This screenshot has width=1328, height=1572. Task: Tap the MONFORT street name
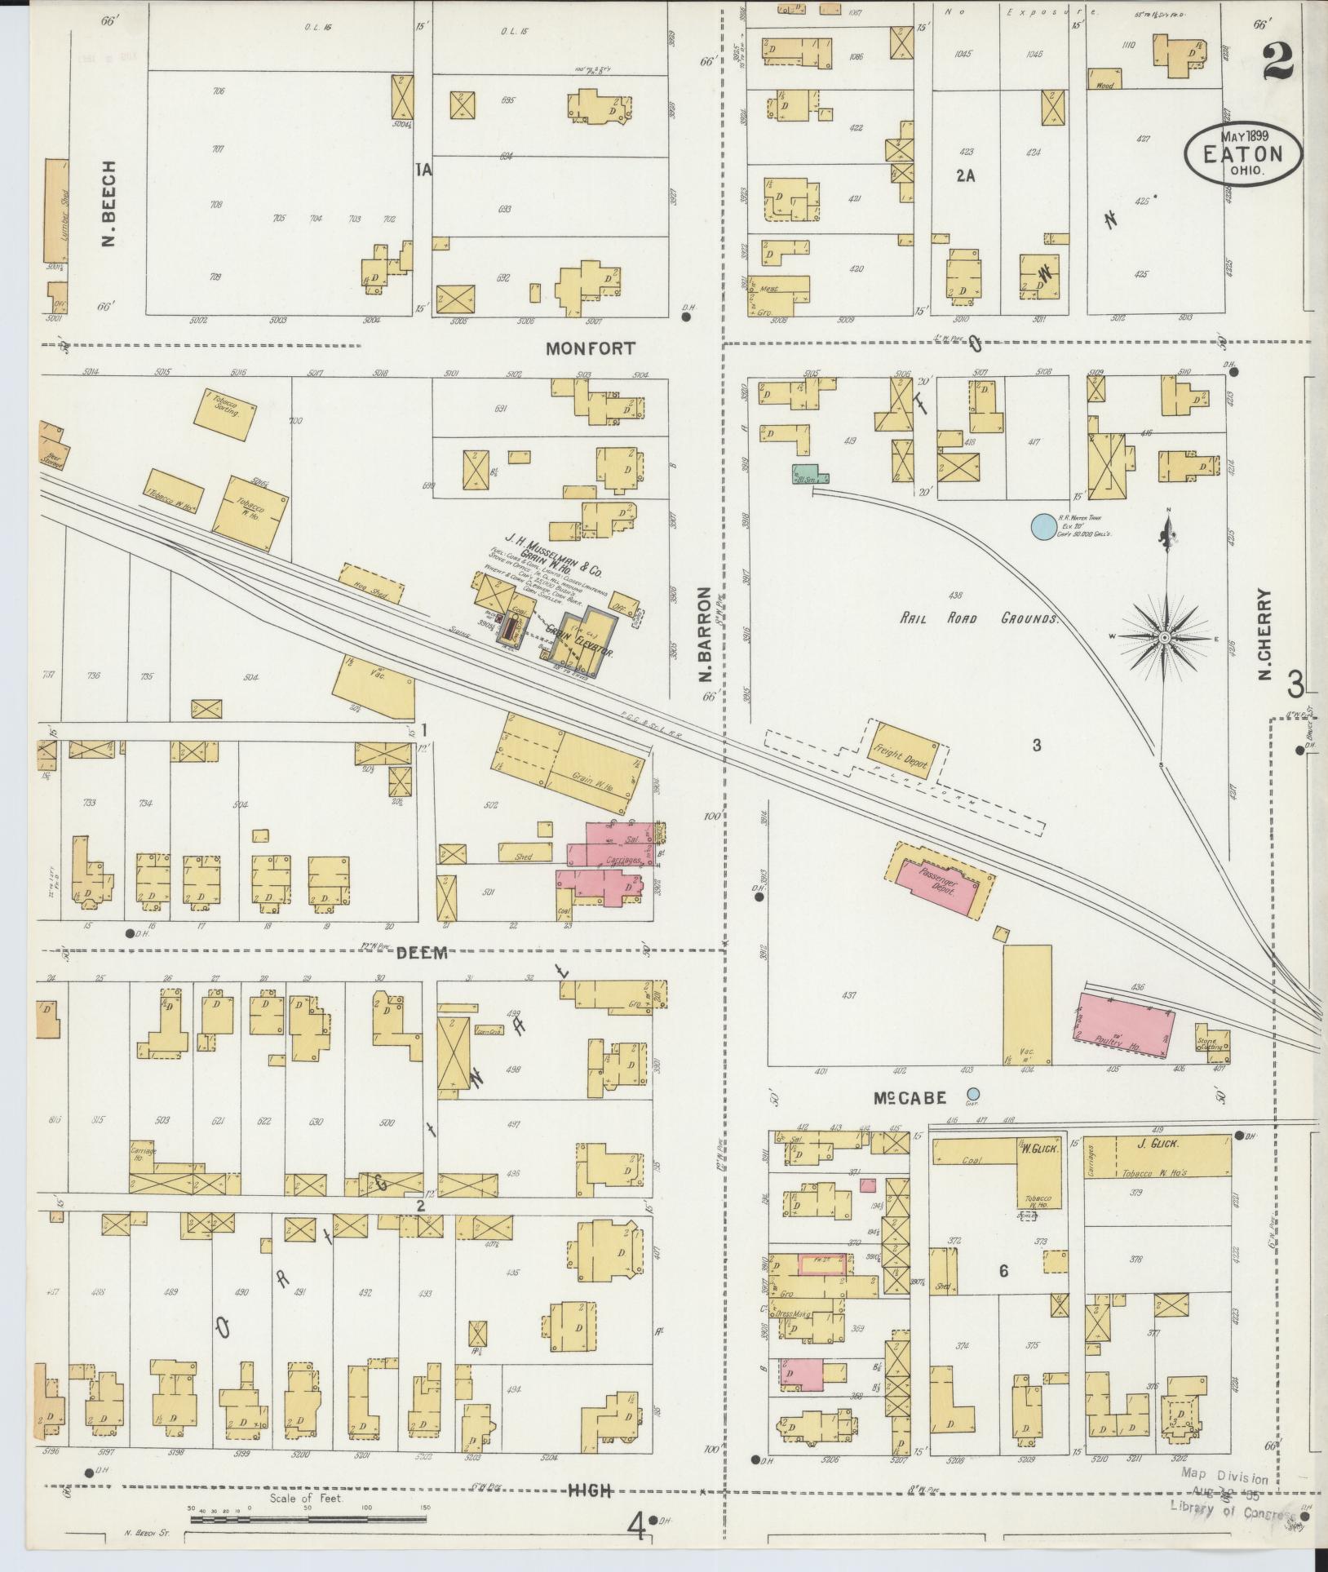(590, 348)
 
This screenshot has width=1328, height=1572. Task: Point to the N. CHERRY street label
(1265, 635)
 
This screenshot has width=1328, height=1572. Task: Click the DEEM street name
(422, 953)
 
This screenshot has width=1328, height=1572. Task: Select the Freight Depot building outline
(901, 751)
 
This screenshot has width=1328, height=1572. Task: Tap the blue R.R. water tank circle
(1042, 525)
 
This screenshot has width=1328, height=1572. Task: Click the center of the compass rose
(1166, 637)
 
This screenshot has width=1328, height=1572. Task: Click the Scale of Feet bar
(308, 1519)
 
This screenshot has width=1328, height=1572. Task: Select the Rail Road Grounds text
(978, 618)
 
